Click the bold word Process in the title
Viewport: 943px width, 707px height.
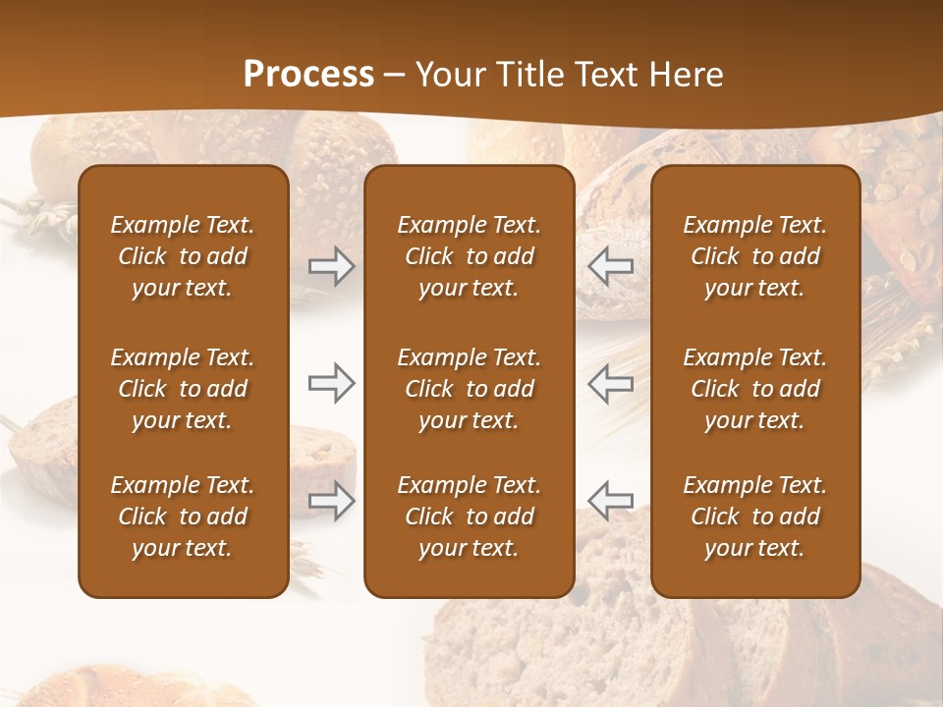[x=308, y=75]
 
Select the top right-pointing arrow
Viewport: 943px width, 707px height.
[x=331, y=265]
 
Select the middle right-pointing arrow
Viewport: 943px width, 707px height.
[x=331, y=383]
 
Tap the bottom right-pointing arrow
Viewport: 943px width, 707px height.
[x=331, y=501]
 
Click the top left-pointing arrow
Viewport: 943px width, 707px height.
[x=611, y=265]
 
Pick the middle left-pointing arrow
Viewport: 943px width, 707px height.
[x=611, y=383]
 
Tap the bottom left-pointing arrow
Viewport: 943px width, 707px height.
[x=611, y=501]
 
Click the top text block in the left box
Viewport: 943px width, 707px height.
[x=183, y=256]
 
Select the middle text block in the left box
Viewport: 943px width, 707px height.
[x=183, y=389]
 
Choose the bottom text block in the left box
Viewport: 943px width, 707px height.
[x=183, y=517]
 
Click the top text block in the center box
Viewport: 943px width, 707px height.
[x=469, y=256]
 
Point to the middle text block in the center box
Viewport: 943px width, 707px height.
[x=469, y=389]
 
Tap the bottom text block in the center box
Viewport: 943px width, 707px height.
[x=469, y=517]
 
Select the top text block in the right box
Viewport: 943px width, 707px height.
[x=754, y=256]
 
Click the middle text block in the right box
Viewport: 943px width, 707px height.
[x=754, y=389]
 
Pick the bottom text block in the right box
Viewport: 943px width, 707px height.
[x=754, y=517]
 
